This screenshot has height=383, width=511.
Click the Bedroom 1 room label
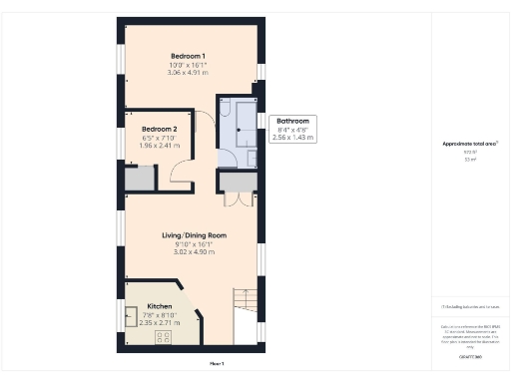pyautogui.click(x=188, y=56)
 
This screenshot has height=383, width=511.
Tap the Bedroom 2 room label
pyautogui.click(x=160, y=130)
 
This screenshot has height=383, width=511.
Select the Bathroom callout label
pyautogui.click(x=293, y=122)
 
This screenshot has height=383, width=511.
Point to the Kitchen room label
pyautogui.click(x=160, y=306)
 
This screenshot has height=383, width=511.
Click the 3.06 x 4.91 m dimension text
pyautogui.click(x=188, y=73)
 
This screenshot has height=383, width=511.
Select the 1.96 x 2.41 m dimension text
pyautogui.click(x=160, y=147)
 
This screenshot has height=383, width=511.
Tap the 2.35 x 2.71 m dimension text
pyautogui.click(x=160, y=323)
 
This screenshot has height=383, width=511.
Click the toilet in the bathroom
pyautogui.click(x=225, y=110)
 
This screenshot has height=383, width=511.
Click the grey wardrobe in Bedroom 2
pyautogui.click(x=140, y=179)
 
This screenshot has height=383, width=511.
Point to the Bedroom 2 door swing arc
pyautogui.click(x=183, y=175)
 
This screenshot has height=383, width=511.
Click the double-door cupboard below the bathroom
pyautogui.click(x=236, y=183)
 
